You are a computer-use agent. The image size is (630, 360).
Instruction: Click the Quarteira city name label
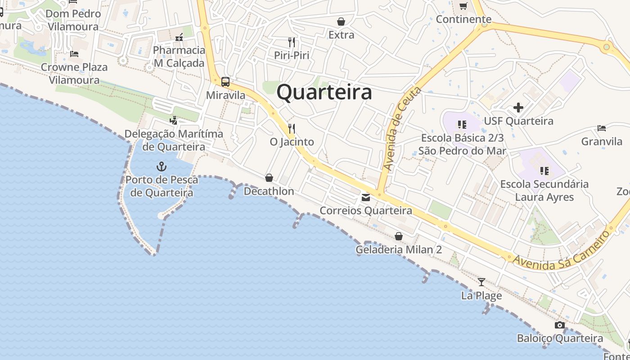tap(324, 92)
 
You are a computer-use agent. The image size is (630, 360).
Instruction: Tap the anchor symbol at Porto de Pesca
tap(162, 167)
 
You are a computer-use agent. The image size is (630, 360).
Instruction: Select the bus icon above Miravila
tap(225, 82)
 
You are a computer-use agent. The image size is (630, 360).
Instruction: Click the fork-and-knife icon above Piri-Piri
tap(292, 42)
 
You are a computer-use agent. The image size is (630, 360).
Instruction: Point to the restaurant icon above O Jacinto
tap(292, 129)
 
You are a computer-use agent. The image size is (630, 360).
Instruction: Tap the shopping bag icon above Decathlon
tap(269, 178)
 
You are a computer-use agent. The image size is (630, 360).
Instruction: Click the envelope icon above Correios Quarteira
tap(366, 198)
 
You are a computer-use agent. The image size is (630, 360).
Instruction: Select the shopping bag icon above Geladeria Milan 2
tap(399, 236)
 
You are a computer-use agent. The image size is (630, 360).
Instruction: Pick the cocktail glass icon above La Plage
tap(481, 282)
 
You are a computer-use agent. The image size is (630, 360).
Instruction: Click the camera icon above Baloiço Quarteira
tap(560, 325)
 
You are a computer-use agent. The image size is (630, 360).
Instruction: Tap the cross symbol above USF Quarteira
tap(518, 108)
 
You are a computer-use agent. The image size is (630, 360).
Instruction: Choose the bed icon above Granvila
tap(602, 128)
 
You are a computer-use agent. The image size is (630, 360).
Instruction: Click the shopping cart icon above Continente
tap(463, 6)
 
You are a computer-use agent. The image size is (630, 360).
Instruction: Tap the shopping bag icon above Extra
tap(341, 22)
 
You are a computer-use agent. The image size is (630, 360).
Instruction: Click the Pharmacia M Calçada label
tap(179, 56)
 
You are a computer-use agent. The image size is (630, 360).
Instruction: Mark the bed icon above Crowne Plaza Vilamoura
tap(74, 54)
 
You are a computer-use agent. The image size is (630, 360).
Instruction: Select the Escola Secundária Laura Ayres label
tap(544, 190)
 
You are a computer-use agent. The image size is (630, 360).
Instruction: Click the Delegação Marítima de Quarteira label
tap(174, 140)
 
